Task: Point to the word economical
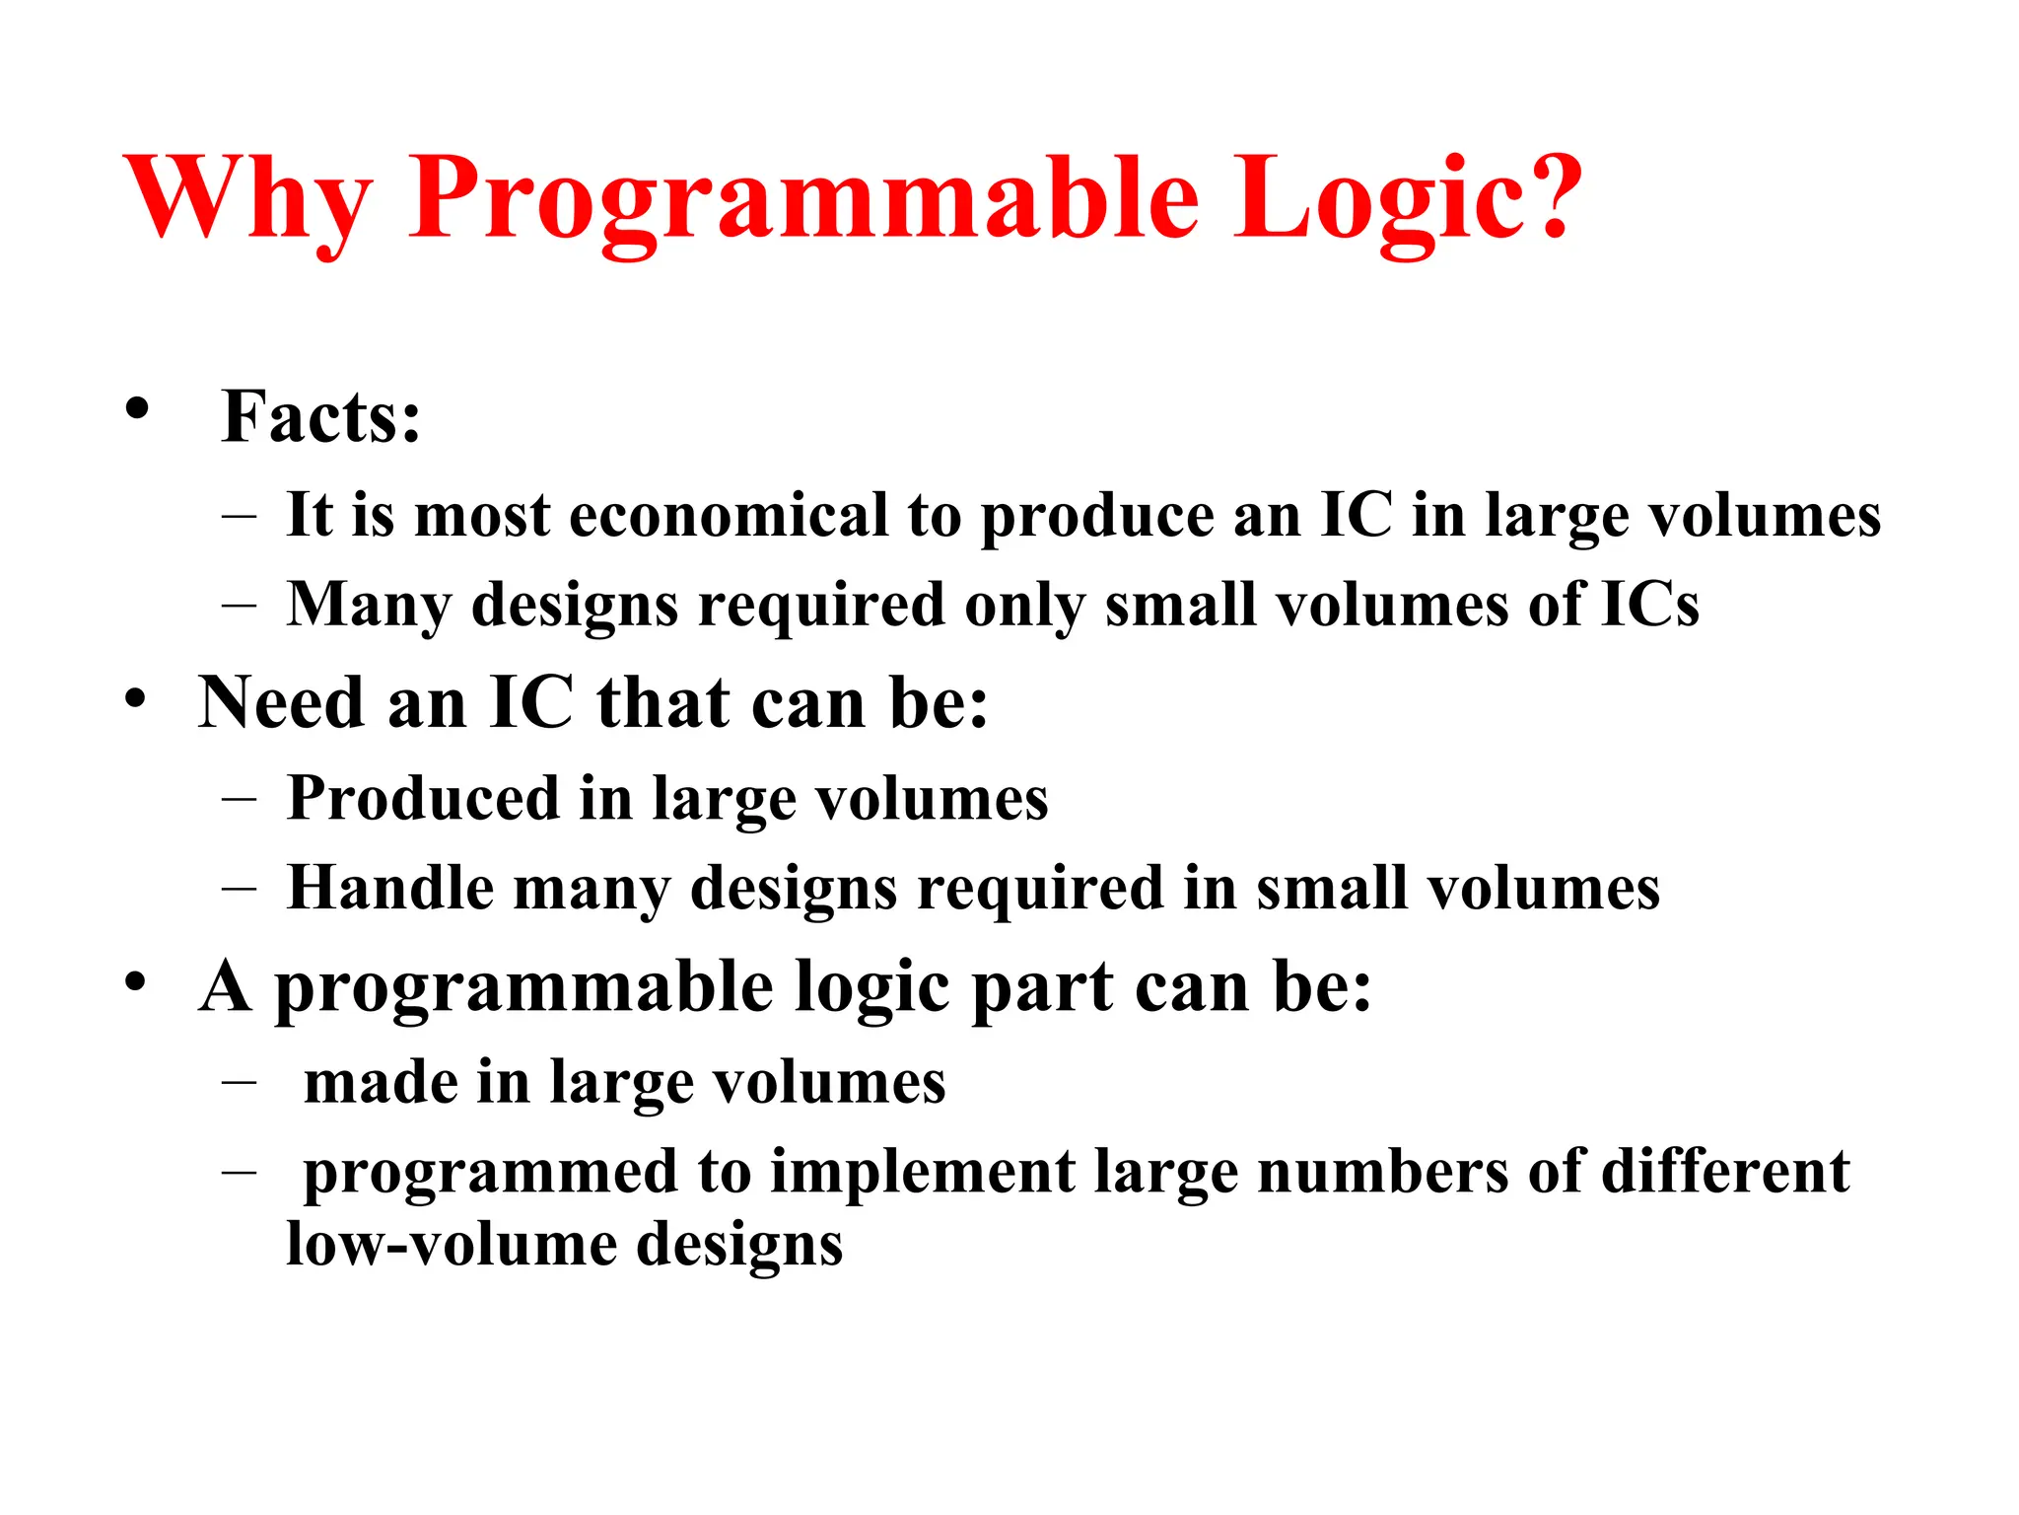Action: [729, 516]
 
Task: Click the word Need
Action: [281, 704]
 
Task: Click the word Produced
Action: [423, 799]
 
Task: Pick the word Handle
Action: [389, 889]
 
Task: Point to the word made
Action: [381, 1084]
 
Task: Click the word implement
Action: [922, 1174]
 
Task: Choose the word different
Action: [1724, 1172]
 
